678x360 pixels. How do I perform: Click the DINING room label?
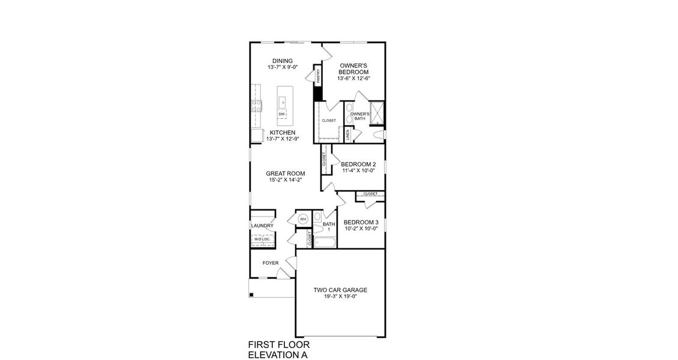[282, 61]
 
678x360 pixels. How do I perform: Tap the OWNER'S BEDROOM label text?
[353, 68]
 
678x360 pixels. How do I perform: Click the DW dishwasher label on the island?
[281, 113]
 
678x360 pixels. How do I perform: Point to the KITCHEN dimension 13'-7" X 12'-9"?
[282, 139]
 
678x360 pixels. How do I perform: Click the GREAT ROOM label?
[281, 173]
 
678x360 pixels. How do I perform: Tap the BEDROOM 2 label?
[358, 164]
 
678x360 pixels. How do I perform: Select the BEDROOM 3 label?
[361, 222]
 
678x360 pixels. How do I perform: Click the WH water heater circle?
[303, 219]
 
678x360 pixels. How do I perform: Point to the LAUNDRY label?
[262, 226]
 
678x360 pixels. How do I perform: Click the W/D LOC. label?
[262, 239]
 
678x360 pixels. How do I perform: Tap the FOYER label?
[271, 263]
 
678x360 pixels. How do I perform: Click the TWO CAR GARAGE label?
[340, 290]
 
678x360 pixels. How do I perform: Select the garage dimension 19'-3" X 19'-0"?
[340, 296]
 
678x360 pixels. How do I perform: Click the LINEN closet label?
[348, 134]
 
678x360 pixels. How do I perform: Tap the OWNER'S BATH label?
[359, 116]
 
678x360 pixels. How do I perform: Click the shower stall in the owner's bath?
[377, 112]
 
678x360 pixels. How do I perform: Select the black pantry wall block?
[318, 93]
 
